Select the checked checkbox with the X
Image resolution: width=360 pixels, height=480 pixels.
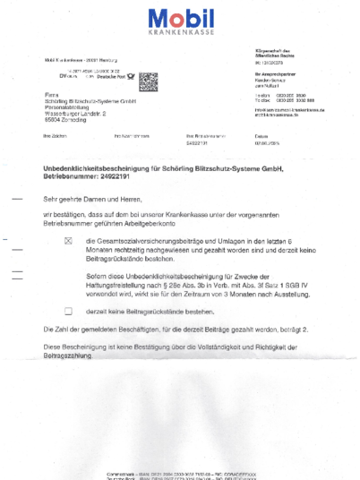click(x=68, y=242)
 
